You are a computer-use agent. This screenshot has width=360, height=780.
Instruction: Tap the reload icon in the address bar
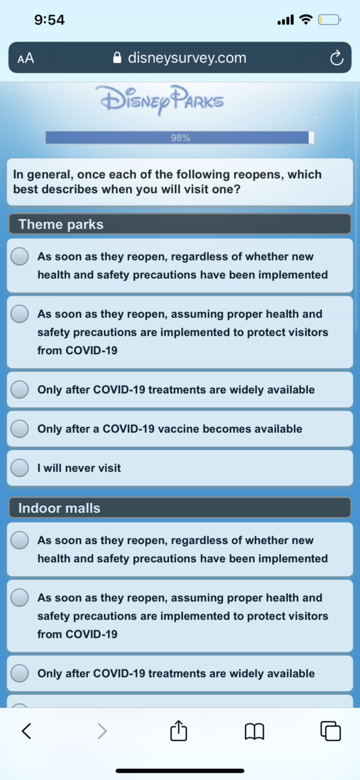point(337,58)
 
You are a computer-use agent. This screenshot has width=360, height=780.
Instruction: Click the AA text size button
point(26,58)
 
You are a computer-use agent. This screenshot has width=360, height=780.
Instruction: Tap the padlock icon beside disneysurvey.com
point(118,57)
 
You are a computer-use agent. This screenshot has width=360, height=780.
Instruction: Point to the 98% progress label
point(181,138)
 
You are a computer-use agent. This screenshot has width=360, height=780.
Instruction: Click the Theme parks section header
point(179,224)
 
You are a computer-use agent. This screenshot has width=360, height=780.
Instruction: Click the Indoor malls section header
point(179,508)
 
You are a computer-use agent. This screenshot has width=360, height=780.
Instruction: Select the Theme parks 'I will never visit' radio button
point(19,467)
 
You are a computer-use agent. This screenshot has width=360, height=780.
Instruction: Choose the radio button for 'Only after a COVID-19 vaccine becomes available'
point(19,428)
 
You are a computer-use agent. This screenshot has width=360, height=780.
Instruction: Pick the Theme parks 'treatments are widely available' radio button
point(19,389)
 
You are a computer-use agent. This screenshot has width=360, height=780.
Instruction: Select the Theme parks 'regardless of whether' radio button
point(19,256)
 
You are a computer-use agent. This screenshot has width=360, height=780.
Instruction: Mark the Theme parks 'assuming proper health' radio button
point(19,313)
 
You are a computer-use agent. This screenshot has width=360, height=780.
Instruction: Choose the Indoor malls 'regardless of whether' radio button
point(19,539)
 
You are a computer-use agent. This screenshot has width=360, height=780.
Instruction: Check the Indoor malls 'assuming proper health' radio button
point(19,597)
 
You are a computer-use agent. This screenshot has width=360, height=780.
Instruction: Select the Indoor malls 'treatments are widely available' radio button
point(19,673)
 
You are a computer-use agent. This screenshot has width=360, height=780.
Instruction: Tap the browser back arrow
point(27,731)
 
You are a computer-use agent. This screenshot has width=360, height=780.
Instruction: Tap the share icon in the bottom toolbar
point(179,730)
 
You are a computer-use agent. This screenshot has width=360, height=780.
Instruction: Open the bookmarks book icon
point(255,731)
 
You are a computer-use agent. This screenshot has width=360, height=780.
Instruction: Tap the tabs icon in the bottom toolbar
point(330,731)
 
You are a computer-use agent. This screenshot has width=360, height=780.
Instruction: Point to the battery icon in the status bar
point(329,20)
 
